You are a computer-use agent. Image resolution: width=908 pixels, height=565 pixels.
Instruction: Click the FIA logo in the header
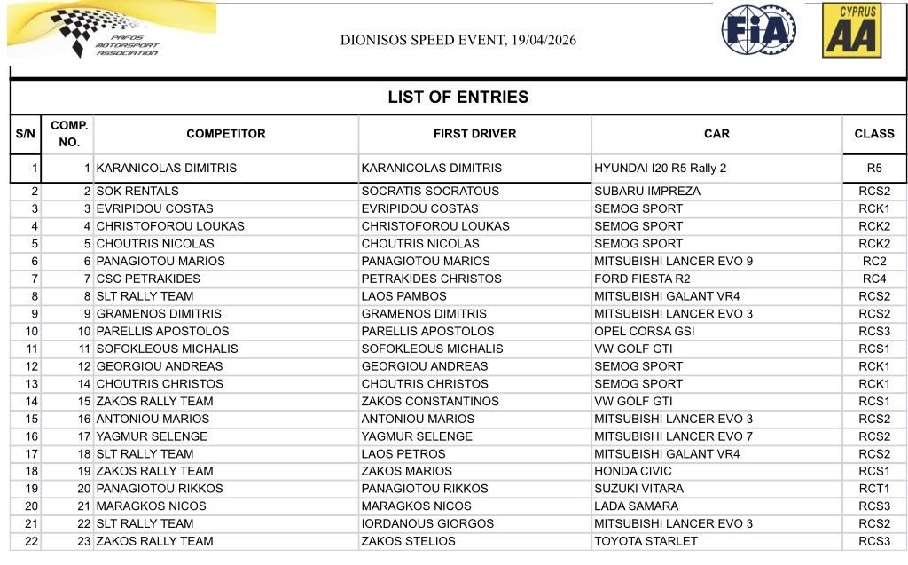click(x=758, y=31)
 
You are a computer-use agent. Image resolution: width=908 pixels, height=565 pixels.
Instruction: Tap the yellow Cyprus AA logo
click(x=851, y=31)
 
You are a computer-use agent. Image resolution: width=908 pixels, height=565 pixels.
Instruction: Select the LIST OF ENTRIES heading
click(x=458, y=98)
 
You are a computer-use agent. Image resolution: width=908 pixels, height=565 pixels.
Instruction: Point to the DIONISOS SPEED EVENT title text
click(x=458, y=41)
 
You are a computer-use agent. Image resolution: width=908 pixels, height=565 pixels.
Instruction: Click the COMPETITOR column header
click(x=225, y=134)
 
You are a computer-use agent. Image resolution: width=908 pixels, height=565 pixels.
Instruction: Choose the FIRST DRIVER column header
click(x=474, y=134)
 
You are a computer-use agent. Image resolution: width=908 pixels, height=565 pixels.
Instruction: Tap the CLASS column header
click(x=873, y=134)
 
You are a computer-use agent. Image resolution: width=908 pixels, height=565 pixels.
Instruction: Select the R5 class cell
click(x=873, y=168)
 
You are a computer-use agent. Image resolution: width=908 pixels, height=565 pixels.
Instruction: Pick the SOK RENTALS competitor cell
click(x=137, y=191)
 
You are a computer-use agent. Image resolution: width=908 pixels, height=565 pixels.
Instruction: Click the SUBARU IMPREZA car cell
click(x=647, y=191)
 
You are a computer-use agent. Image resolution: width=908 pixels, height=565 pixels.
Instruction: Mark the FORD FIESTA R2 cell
click(x=642, y=279)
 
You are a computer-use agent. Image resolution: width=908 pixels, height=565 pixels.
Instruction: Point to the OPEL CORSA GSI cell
click(x=645, y=331)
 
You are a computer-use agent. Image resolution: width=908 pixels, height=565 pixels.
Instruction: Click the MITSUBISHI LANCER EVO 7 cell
click(x=673, y=436)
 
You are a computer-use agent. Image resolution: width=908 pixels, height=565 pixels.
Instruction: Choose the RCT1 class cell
click(x=873, y=489)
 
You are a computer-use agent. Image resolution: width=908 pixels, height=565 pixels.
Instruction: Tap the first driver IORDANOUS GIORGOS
click(x=427, y=523)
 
